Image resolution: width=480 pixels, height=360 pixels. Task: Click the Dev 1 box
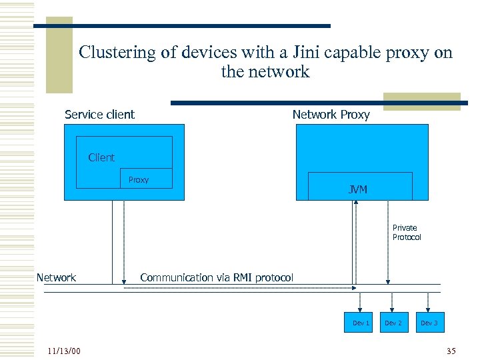361,323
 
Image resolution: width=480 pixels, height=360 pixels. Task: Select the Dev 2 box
393,323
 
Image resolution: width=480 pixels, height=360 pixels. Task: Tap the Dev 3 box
429,323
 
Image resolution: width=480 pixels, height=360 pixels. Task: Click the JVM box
360,187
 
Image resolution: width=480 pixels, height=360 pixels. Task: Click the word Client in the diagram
101,157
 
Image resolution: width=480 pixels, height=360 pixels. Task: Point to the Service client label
99,115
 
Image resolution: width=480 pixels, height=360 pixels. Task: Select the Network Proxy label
331,115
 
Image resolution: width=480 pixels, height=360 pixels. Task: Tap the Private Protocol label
406,233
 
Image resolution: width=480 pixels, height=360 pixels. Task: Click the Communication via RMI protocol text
216,277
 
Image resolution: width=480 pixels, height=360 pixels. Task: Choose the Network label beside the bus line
56,277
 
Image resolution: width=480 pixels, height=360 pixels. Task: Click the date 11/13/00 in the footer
64,351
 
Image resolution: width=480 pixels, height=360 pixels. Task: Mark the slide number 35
451,351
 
